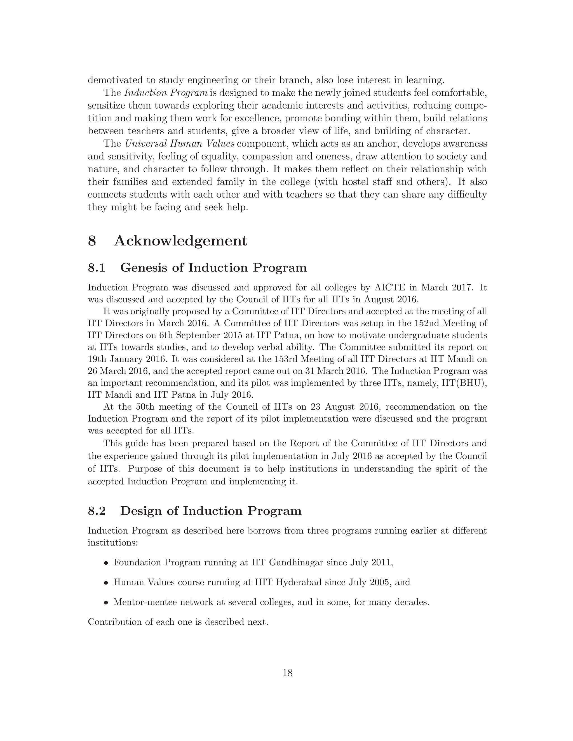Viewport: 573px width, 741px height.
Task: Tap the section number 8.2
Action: (97, 511)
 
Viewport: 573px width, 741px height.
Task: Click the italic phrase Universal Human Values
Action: (180, 143)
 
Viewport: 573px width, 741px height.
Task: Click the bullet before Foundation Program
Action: (106, 563)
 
